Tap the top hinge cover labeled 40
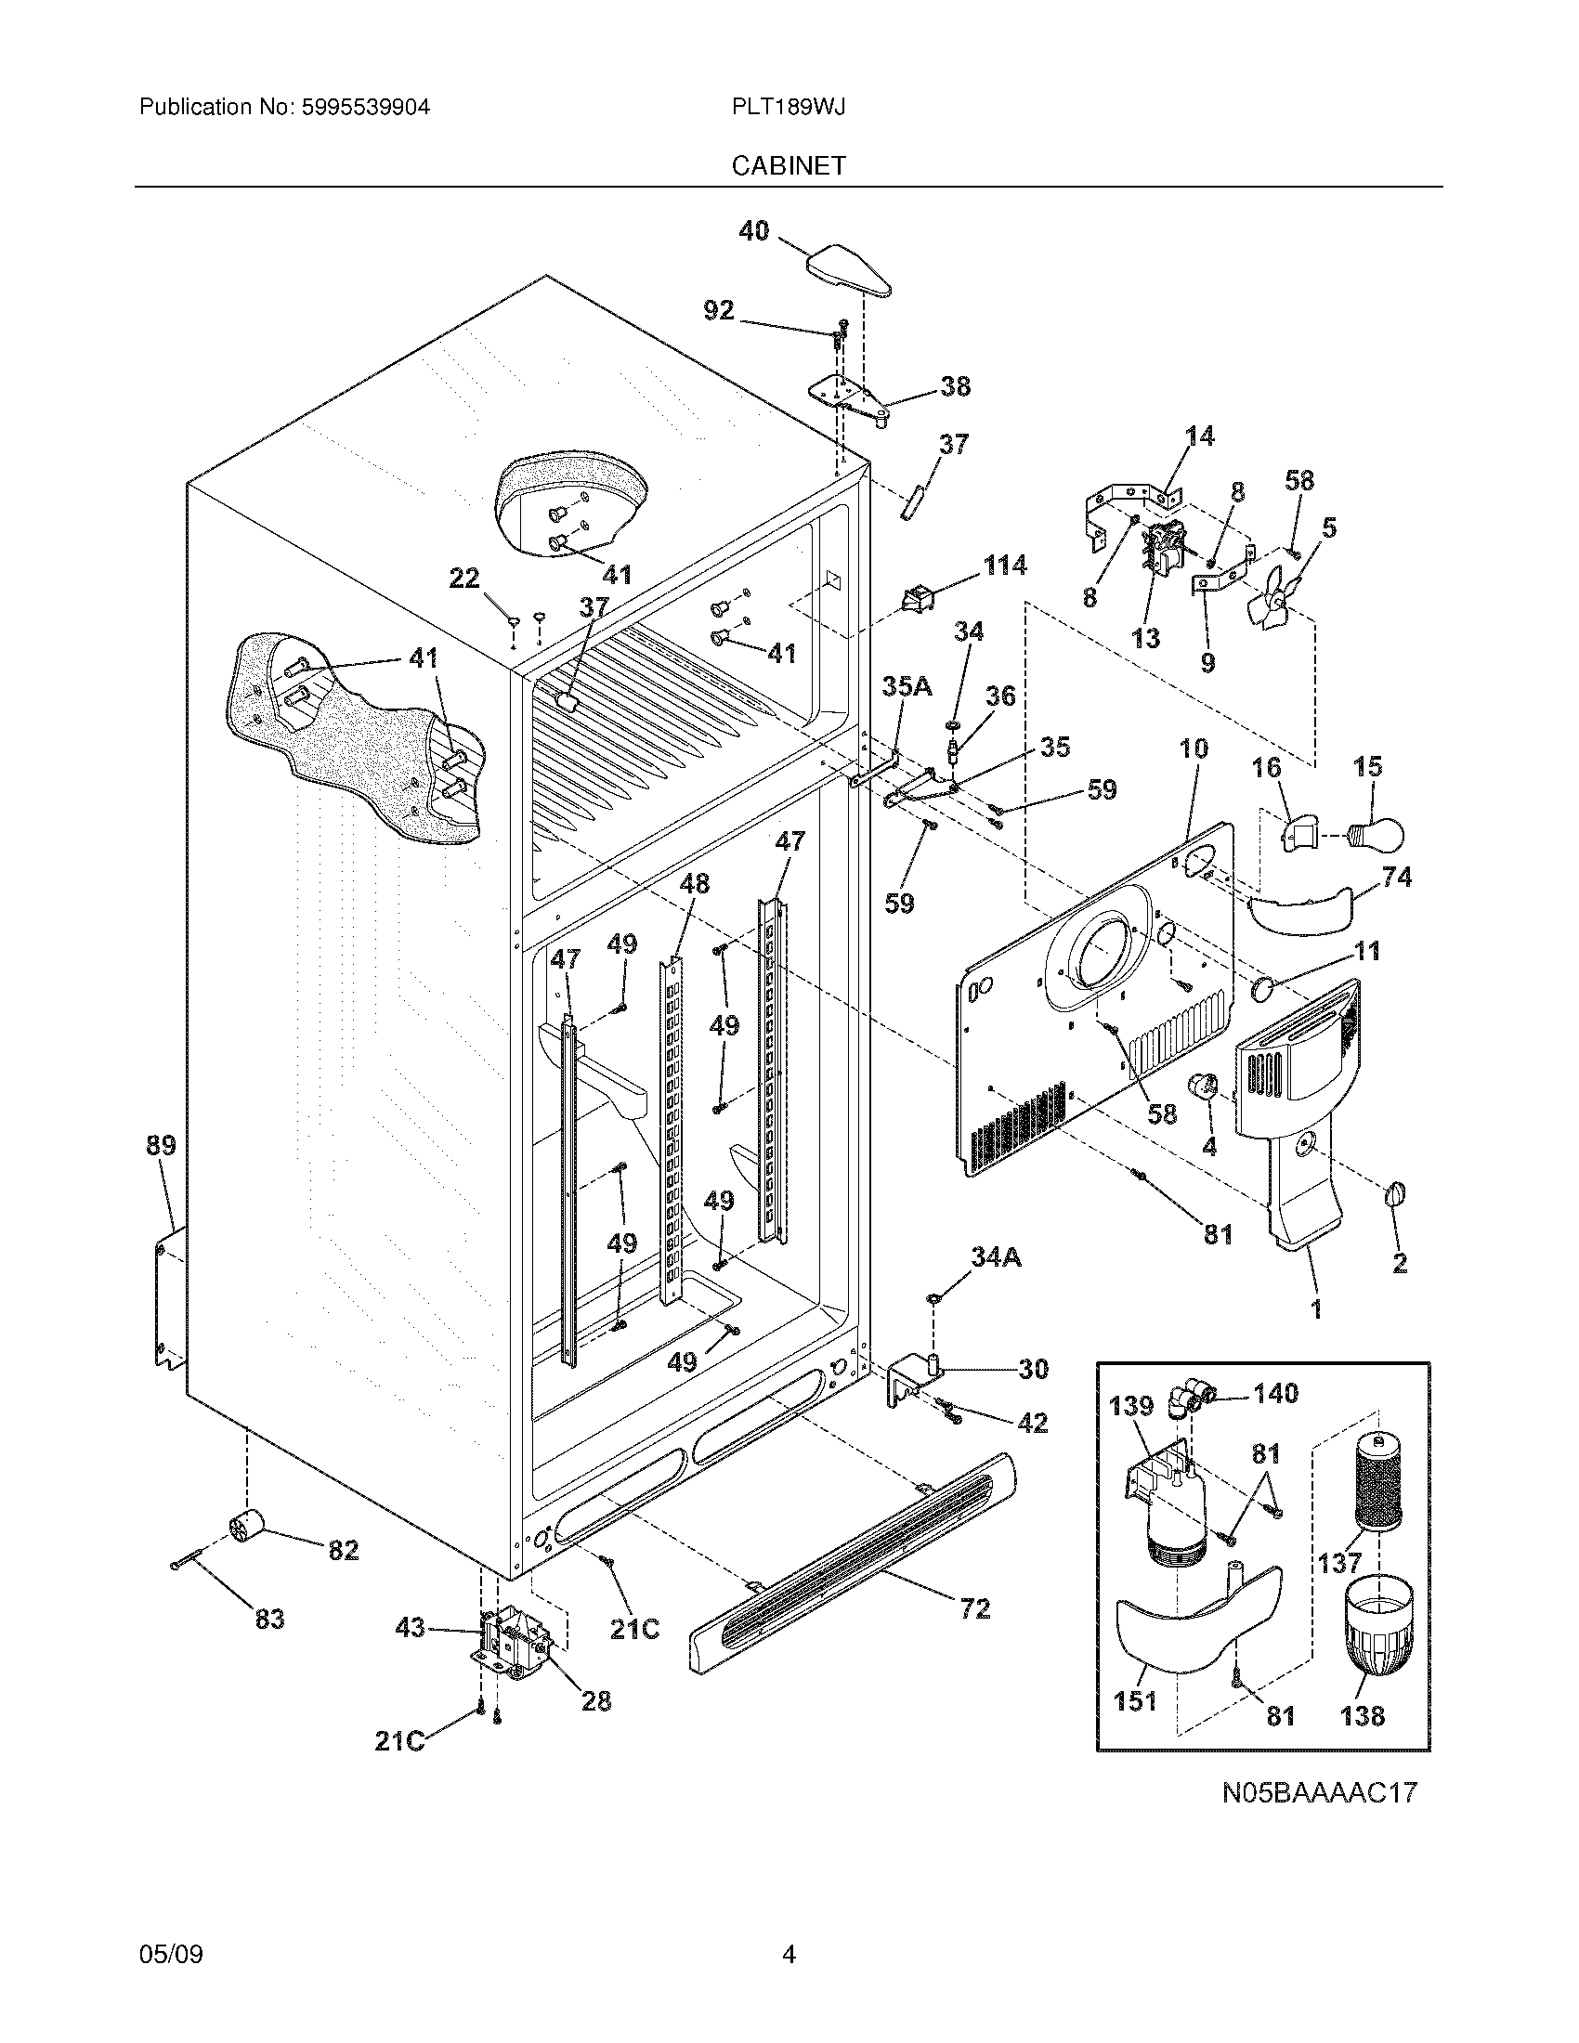tap(847, 270)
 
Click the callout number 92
tap(718, 310)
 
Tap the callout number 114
tap(1005, 566)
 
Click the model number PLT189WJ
tap(789, 107)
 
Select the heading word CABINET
tap(789, 165)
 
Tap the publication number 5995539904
tap(365, 107)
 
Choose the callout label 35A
tap(907, 686)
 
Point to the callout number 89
tap(161, 1145)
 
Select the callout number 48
tap(694, 883)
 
